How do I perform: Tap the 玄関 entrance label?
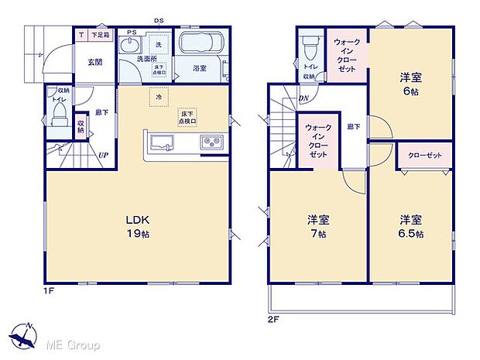click(94, 62)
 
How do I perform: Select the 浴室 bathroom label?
click(200, 68)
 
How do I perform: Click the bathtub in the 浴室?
click(201, 43)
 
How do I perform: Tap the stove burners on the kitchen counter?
click(212, 141)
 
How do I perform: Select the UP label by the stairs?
click(102, 155)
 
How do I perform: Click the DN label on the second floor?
click(305, 98)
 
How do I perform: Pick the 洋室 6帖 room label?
click(410, 83)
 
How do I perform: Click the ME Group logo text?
click(70, 344)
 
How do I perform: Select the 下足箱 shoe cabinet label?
click(101, 36)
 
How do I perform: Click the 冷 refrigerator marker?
click(159, 98)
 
